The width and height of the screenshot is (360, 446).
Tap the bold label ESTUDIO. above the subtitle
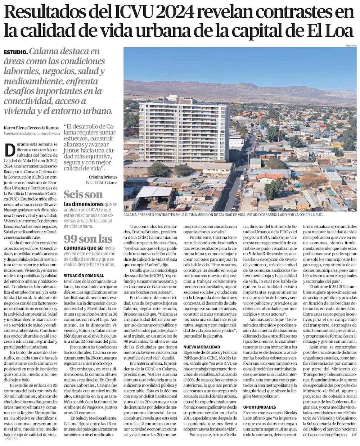tap(15, 52)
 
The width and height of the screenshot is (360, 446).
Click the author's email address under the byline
tap(32, 133)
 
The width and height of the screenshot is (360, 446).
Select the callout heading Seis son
tap(83, 195)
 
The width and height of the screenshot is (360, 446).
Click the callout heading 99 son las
tap(88, 239)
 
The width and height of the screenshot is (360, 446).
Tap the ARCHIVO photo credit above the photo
tap(351, 46)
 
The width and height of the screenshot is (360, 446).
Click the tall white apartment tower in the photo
tap(184, 130)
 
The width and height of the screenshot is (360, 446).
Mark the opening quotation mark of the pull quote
tap(66, 127)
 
